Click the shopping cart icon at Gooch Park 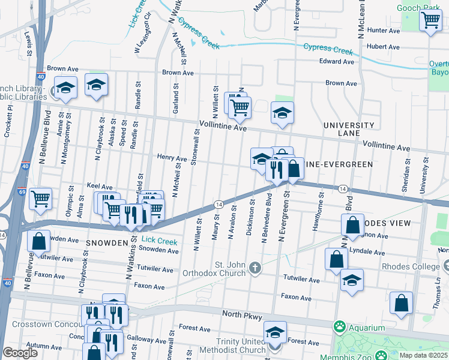pos(430,20)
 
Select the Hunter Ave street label pos(383,30)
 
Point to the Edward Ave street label pos(337,61)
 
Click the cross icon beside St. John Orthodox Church pos(256,267)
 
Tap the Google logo pos(20,353)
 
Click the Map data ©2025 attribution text pos(423,355)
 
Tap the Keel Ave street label pos(100,187)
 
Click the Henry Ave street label pos(172,158)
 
